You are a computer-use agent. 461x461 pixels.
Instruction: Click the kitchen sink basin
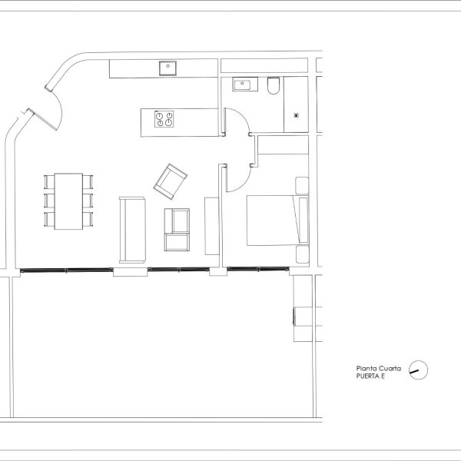click(167, 68)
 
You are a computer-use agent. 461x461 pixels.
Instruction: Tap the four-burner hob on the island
click(164, 119)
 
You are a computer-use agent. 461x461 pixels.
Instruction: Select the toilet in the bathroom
click(274, 85)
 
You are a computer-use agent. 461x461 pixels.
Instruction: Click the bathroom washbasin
click(245, 85)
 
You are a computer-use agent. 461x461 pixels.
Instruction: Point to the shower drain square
click(297, 115)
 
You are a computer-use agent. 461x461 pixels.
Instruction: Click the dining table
click(68, 201)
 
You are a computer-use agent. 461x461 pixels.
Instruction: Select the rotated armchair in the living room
click(171, 181)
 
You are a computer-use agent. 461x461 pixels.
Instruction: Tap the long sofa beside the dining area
click(132, 230)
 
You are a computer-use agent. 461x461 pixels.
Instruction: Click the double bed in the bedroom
click(277, 221)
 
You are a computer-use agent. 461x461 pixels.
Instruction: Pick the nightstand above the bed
click(302, 185)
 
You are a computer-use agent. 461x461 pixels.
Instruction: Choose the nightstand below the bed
click(302, 254)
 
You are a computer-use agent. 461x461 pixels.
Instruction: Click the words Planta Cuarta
click(378, 368)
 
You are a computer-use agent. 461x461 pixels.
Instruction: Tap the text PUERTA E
click(370, 376)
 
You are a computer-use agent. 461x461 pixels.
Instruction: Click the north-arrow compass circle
click(419, 370)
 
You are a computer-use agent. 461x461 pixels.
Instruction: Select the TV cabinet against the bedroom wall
click(212, 226)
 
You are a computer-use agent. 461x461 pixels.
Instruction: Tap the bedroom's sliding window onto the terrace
click(258, 269)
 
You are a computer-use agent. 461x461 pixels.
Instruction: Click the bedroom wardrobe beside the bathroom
click(283, 144)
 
